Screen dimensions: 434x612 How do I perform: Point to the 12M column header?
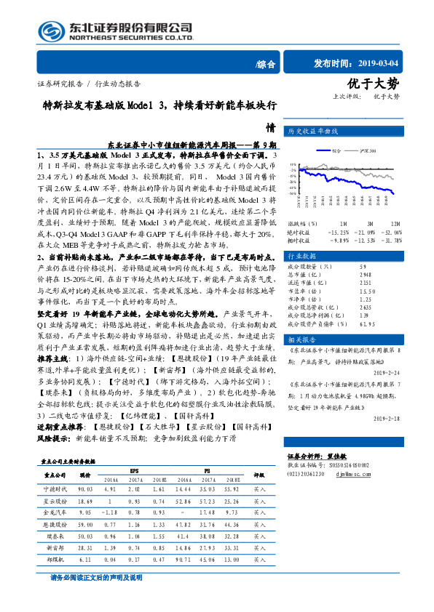[395, 224]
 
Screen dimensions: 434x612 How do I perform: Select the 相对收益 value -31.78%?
[394, 240]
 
